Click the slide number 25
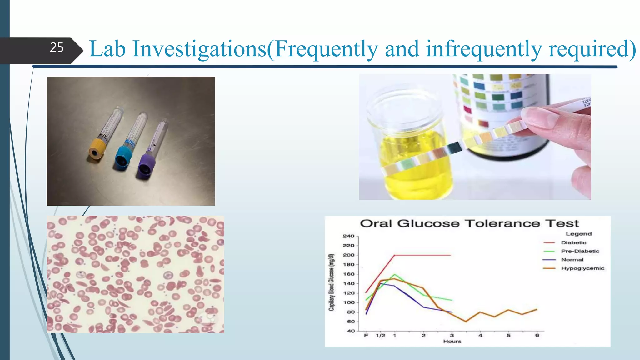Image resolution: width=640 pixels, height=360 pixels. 57,47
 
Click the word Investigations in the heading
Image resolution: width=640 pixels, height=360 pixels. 199,49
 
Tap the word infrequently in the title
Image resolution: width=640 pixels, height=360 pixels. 484,49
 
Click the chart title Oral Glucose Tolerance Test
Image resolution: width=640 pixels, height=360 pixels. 469,224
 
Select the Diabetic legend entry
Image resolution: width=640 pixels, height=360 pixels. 573,243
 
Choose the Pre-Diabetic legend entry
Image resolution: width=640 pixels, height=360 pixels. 580,251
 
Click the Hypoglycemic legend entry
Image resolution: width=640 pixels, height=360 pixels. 582,268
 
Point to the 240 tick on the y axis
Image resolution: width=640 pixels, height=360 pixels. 348,236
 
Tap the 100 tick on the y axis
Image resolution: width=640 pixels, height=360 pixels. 348,302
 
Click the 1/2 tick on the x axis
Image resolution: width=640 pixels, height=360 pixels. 380,336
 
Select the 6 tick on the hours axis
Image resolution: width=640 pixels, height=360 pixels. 537,336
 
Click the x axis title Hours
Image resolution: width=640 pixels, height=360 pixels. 452,342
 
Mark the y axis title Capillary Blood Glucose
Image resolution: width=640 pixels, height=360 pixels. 331,282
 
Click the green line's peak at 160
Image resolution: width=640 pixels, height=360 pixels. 395,275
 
